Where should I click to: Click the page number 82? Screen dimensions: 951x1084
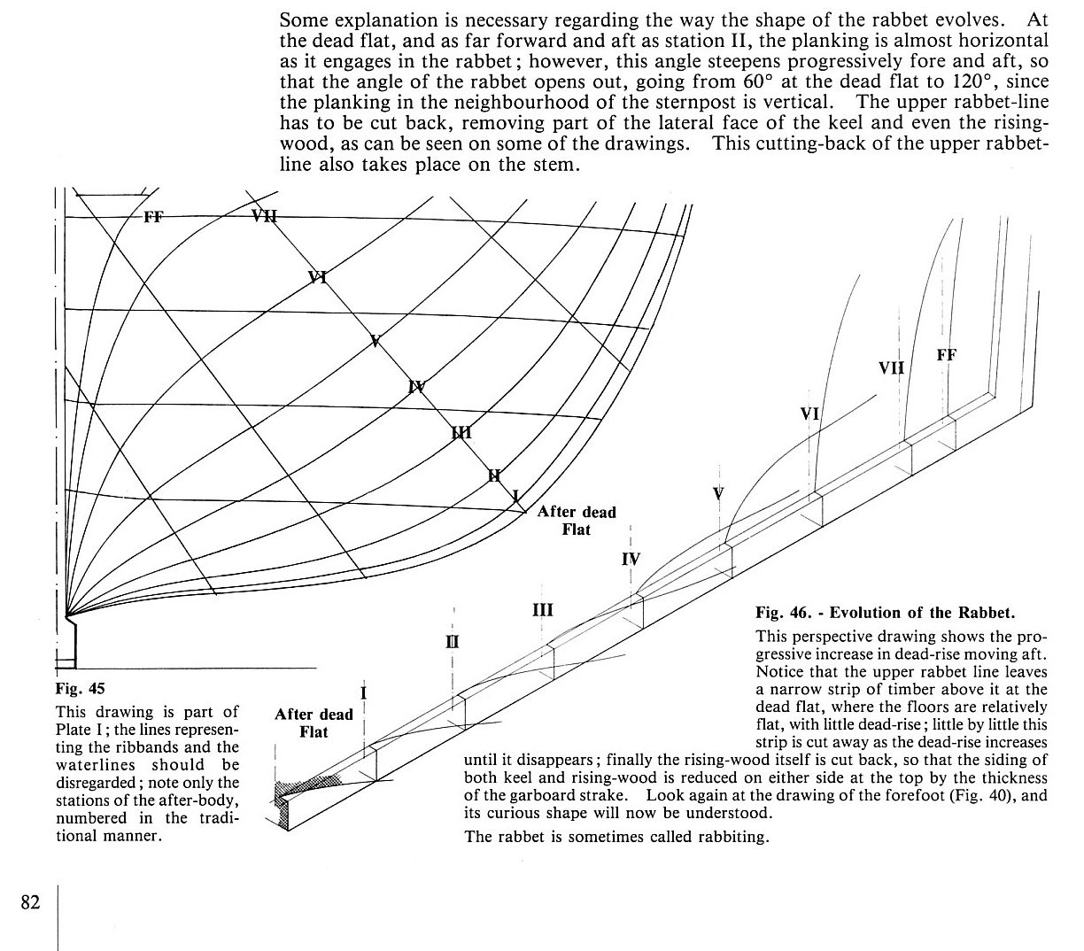click(x=30, y=902)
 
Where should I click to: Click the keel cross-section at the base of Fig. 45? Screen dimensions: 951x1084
click(x=67, y=642)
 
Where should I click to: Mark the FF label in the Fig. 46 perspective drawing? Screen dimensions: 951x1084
click(x=946, y=356)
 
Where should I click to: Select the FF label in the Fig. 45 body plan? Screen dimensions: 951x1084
click(x=153, y=215)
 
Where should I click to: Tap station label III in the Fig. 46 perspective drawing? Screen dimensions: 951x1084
click(x=543, y=609)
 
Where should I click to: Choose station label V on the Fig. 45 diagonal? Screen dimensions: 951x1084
click(x=376, y=341)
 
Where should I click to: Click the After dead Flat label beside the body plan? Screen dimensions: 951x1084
click(x=577, y=521)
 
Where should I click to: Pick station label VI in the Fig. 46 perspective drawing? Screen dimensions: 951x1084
click(x=809, y=413)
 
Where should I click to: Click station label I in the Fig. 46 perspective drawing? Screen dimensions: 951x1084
click(x=364, y=692)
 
